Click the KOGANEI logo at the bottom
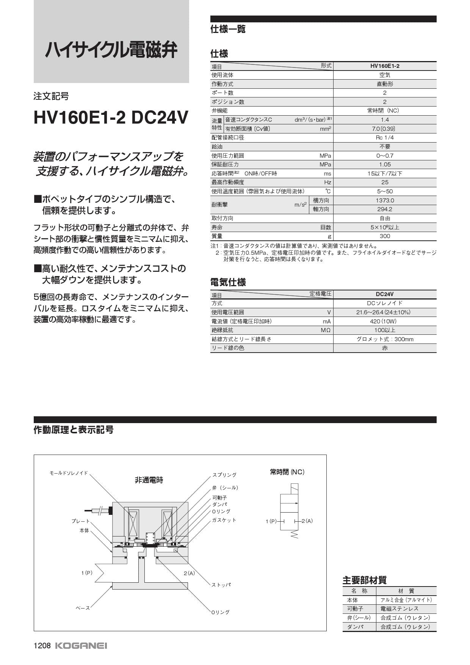81,646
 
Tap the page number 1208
42,646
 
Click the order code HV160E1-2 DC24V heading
111,118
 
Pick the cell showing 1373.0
385,200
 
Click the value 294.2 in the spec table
385,209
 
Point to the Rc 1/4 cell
385,138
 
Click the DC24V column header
385,294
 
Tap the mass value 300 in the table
385,236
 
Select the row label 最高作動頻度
228,182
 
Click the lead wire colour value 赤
385,348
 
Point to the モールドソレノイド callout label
69,473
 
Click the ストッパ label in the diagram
221,585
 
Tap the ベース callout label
83,608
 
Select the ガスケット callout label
224,520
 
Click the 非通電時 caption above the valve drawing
149,480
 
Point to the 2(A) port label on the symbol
307,521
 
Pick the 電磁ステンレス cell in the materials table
399,609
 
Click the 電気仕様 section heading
228,282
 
